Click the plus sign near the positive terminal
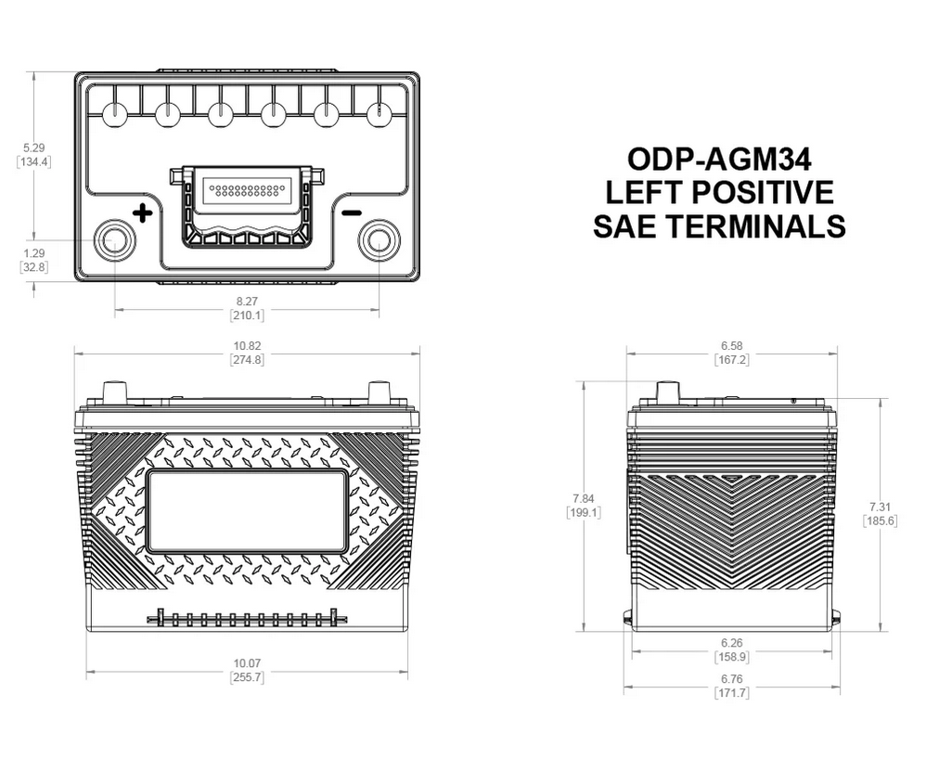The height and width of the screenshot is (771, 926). coord(142,213)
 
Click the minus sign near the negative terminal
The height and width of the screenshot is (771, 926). coord(351,213)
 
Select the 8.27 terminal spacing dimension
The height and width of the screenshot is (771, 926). coord(247,302)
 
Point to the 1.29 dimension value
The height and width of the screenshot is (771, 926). coord(33,253)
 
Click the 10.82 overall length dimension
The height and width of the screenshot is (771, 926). coord(247,346)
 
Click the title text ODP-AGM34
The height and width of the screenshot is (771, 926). coord(718,159)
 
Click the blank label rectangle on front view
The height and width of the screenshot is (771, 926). coord(247,509)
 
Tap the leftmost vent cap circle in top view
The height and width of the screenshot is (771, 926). coord(114,114)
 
